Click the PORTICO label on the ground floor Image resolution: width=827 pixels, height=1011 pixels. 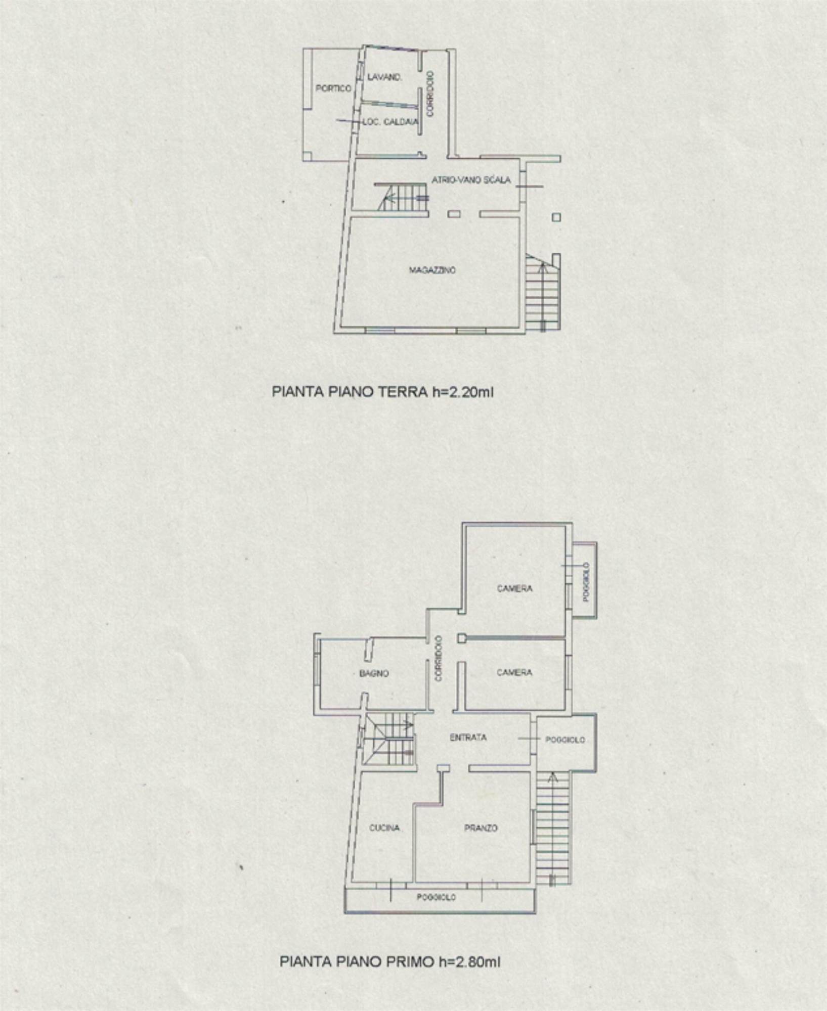333,88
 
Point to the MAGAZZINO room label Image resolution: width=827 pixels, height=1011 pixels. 432,270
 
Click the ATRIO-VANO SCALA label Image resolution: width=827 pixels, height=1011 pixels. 471,180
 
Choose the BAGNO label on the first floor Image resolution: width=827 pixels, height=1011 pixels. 374,673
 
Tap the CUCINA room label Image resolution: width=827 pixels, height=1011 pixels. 384,828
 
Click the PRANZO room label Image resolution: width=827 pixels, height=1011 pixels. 481,828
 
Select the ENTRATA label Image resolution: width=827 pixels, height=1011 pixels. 468,738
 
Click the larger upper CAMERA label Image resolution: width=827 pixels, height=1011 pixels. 514,588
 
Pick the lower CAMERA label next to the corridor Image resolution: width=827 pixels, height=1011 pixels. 514,672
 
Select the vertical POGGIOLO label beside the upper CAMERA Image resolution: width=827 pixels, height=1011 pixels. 586,582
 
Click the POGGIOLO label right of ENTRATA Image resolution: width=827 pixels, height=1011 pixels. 564,740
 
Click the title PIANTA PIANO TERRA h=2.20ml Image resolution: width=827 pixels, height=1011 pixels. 382,392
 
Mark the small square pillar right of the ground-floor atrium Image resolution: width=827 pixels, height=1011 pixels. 556,217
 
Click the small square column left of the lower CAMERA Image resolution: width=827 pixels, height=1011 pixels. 461,638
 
